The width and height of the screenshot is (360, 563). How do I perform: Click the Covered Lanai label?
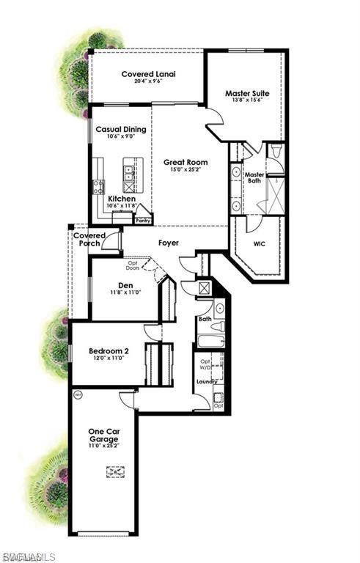[147, 74]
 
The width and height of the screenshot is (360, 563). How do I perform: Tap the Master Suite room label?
[246, 94]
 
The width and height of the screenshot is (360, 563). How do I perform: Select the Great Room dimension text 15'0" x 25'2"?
[185, 171]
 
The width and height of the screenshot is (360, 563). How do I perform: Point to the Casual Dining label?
[121, 129]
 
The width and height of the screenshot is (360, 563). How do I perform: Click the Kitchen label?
[121, 199]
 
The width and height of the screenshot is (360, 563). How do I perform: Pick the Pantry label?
[143, 219]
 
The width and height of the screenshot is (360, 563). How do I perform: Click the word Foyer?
[169, 243]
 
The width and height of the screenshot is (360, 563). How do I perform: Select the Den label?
[125, 285]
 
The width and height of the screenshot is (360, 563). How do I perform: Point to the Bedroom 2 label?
[109, 351]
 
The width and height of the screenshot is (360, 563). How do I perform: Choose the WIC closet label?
[260, 243]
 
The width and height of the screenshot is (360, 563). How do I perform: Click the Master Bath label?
[254, 178]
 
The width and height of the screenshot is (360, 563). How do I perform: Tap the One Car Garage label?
[103, 435]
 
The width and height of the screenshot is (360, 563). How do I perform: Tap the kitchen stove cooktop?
[98, 186]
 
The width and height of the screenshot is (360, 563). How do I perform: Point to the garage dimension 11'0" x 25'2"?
[103, 445]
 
